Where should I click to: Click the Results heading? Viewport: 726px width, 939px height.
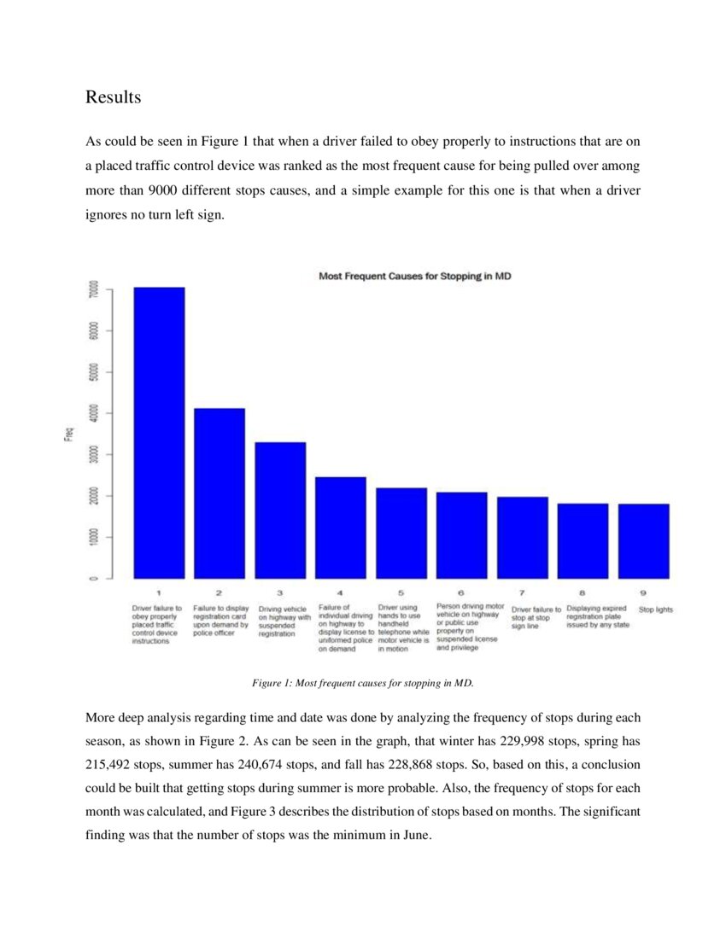pyautogui.click(x=113, y=97)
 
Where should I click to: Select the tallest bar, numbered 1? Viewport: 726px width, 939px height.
pyautogui.click(x=159, y=433)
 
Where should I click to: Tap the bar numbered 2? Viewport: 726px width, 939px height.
pyautogui.click(x=220, y=493)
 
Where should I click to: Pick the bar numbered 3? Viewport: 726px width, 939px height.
pyautogui.click(x=280, y=510)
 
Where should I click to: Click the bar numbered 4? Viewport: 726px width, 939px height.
pyautogui.click(x=341, y=528)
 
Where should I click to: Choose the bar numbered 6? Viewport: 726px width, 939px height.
pyautogui.click(x=462, y=535)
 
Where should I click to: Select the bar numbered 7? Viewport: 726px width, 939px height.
pyautogui.click(x=522, y=538)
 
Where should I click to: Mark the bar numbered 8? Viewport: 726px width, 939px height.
pyautogui.click(x=583, y=541)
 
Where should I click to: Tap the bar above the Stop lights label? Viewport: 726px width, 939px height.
pyautogui.click(x=643, y=541)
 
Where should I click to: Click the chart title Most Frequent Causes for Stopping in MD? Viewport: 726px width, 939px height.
pyautogui.click(x=414, y=277)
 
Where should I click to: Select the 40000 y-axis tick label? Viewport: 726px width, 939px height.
pyautogui.click(x=93, y=412)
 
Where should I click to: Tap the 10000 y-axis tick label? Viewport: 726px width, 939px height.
pyautogui.click(x=93, y=537)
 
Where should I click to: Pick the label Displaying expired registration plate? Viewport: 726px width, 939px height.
pyautogui.click(x=598, y=617)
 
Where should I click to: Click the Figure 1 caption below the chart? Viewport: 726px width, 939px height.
pyautogui.click(x=362, y=683)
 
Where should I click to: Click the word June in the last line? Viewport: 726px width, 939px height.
pyautogui.click(x=412, y=835)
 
